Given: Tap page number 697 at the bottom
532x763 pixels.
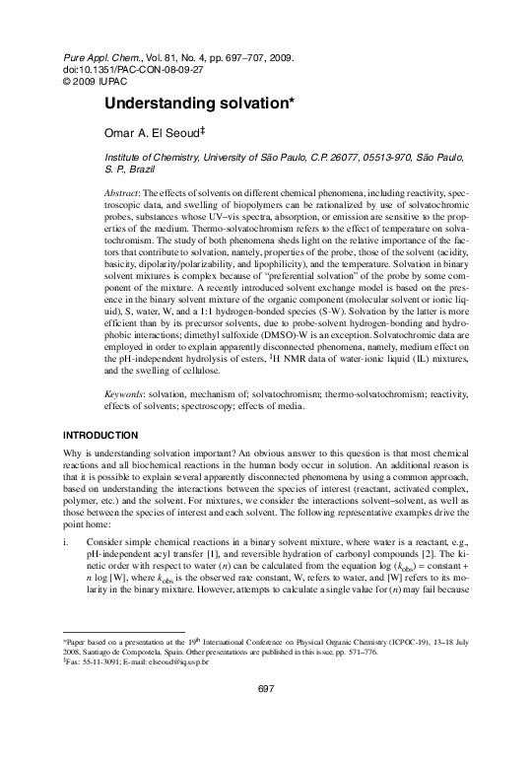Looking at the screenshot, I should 266,716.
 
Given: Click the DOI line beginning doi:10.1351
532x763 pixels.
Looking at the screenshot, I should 110,71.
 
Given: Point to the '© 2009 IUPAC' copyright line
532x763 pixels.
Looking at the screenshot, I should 94,83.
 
